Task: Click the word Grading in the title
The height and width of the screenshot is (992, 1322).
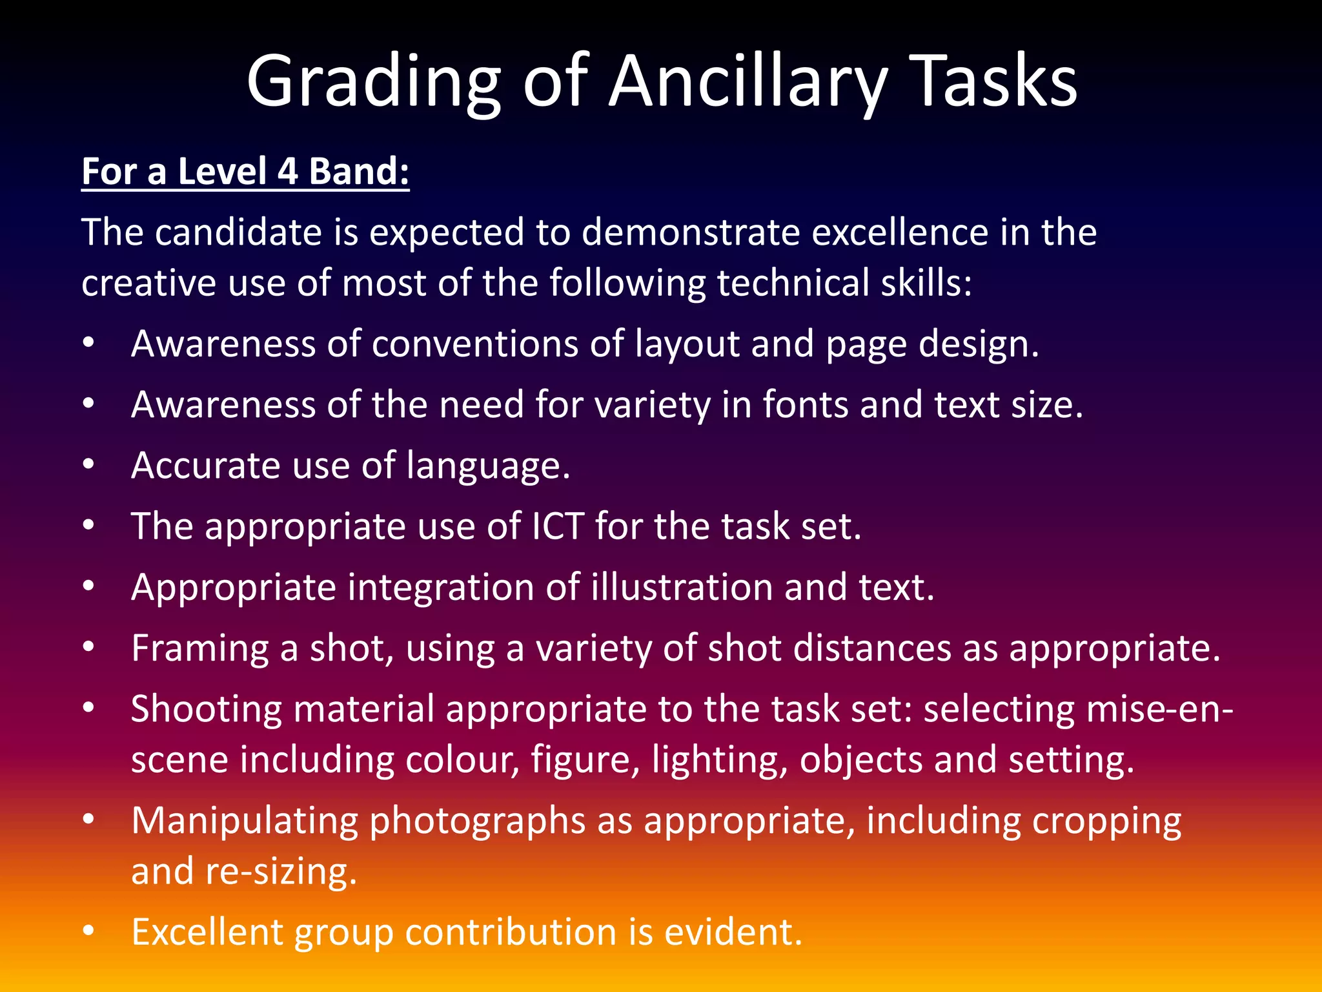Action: tap(373, 83)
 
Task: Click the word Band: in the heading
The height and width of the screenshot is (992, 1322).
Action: tap(359, 172)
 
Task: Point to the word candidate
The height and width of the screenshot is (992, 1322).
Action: tap(238, 232)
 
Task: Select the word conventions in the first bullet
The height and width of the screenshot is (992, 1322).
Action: tap(474, 344)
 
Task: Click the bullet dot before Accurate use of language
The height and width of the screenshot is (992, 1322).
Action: tap(89, 464)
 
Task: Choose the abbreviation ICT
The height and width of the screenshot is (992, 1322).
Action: tap(558, 526)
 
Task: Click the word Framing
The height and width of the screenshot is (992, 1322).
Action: tap(200, 648)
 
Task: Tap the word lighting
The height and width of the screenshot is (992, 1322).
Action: tap(719, 760)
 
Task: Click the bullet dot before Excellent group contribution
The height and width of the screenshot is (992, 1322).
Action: tap(89, 931)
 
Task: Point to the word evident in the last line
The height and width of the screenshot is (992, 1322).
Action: tap(733, 933)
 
